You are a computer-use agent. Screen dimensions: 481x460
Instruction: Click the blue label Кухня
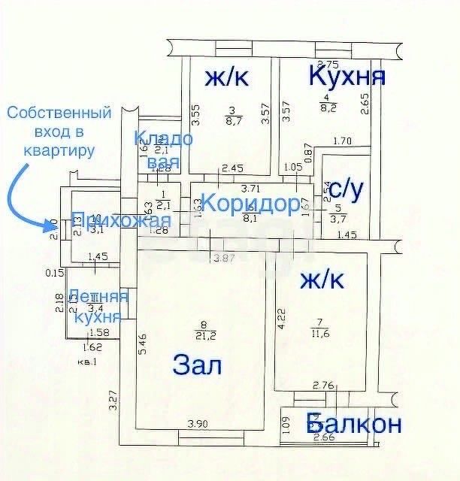(348, 75)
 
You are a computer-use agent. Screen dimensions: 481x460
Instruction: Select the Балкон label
(354, 424)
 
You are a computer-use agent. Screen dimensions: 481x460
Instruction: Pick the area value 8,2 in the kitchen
(328, 108)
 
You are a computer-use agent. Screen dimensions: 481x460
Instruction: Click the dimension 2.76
(324, 386)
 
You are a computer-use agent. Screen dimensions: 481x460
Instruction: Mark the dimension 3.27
(113, 399)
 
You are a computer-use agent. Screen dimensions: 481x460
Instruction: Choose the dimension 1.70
(342, 140)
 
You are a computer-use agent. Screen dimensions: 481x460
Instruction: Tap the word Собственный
(59, 113)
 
